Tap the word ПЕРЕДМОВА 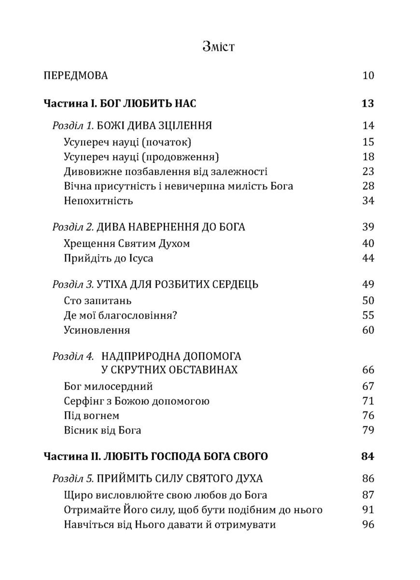[x=75, y=75]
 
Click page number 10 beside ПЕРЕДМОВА [x=368, y=75]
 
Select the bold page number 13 [x=368, y=104]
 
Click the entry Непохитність [x=98, y=201]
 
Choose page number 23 [x=368, y=172]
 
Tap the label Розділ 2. [x=73, y=227]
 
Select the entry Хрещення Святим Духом [x=126, y=244]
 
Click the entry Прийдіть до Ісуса [x=108, y=258]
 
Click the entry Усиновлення [x=97, y=331]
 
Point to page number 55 [x=368, y=316]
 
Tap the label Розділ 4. [x=73, y=357]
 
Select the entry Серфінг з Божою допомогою [x=136, y=401]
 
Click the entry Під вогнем [x=91, y=416]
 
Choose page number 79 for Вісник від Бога [x=368, y=430]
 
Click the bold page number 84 [x=368, y=456]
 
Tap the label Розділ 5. [x=73, y=479]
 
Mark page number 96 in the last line [x=368, y=525]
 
